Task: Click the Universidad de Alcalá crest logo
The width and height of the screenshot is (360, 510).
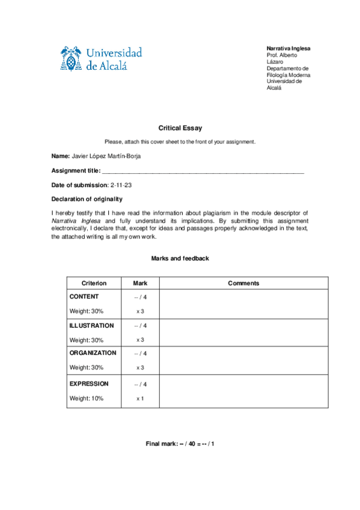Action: point(71,58)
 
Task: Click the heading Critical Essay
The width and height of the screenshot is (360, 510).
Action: point(180,128)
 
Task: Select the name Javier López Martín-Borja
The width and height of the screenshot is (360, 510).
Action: point(106,157)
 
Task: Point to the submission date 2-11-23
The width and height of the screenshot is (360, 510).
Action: point(121,185)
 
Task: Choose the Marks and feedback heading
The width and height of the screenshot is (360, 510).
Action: point(180,258)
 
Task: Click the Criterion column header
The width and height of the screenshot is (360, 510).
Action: point(94,283)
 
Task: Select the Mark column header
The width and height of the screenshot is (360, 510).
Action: point(139,283)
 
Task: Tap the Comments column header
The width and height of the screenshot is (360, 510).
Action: point(243,283)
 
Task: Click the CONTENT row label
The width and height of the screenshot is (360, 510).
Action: point(84,296)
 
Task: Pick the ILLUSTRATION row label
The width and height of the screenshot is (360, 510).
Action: point(91,325)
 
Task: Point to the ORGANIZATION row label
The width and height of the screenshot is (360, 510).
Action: point(93,353)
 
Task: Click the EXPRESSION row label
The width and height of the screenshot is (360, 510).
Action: point(89,383)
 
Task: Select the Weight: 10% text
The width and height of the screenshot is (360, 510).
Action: point(87,398)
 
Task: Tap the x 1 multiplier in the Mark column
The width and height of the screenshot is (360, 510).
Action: point(139,398)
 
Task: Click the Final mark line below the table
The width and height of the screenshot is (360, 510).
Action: point(180,443)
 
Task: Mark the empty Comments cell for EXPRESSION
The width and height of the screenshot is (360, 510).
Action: point(243,391)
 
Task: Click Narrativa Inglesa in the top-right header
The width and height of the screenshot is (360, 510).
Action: point(288,48)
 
